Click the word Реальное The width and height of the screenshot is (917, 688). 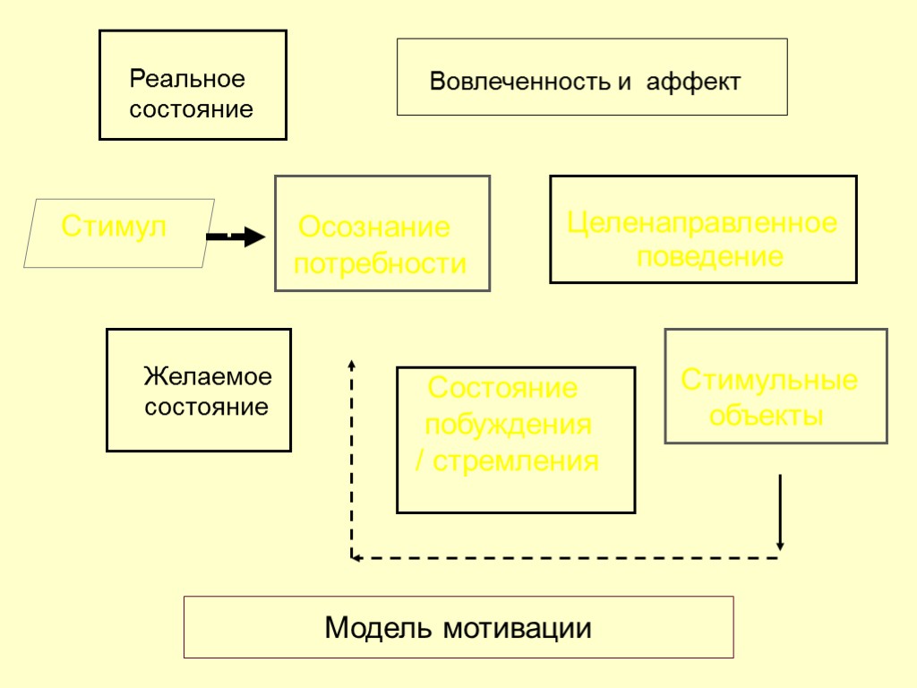(x=187, y=79)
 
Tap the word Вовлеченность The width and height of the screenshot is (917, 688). (x=518, y=82)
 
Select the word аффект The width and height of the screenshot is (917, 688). (x=694, y=82)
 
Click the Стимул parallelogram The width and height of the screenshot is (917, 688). (x=118, y=232)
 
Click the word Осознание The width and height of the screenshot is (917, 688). (x=374, y=228)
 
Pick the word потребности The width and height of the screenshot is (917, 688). (x=381, y=264)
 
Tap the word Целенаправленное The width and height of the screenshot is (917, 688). (x=702, y=222)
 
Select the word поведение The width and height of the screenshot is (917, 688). (x=710, y=257)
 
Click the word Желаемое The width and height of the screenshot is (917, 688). (x=208, y=376)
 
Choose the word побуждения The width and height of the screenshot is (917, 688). (x=508, y=425)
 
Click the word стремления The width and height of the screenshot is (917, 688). (x=517, y=461)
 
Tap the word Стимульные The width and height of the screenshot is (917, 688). (x=769, y=380)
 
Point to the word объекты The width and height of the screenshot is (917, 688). (x=766, y=416)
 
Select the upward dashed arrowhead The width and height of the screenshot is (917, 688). (x=351, y=364)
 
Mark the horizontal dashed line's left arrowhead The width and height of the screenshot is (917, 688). (x=356, y=558)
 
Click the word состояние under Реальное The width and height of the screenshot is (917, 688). (x=192, y=110)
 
